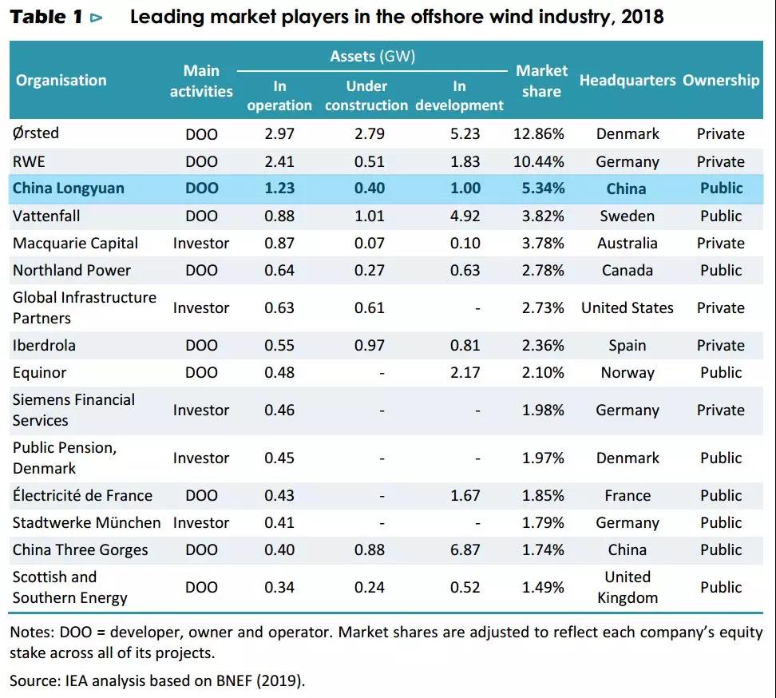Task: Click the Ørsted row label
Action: point(36,133)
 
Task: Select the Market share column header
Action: point(540,81)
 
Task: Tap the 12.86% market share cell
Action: point(538,134)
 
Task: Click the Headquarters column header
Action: point(628,81)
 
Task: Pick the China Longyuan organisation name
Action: point(69,188)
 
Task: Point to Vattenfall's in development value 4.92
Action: point(465,216)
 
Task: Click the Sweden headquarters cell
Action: point(628,216)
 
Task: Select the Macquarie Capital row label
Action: point(75,243)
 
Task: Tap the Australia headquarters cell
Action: point(628,243)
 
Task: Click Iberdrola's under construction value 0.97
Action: point(369,345)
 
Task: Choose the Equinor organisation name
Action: point(40,372)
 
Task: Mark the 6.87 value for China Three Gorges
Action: point(465,549)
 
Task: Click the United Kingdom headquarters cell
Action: point(628,587)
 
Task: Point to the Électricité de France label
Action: point(82,495)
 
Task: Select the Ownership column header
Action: point(721,81)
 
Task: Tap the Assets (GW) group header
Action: point(373,56)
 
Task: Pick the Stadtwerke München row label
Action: point(86,522)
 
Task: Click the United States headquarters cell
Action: point(628,307)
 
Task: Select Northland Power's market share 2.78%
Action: point(538,270)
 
